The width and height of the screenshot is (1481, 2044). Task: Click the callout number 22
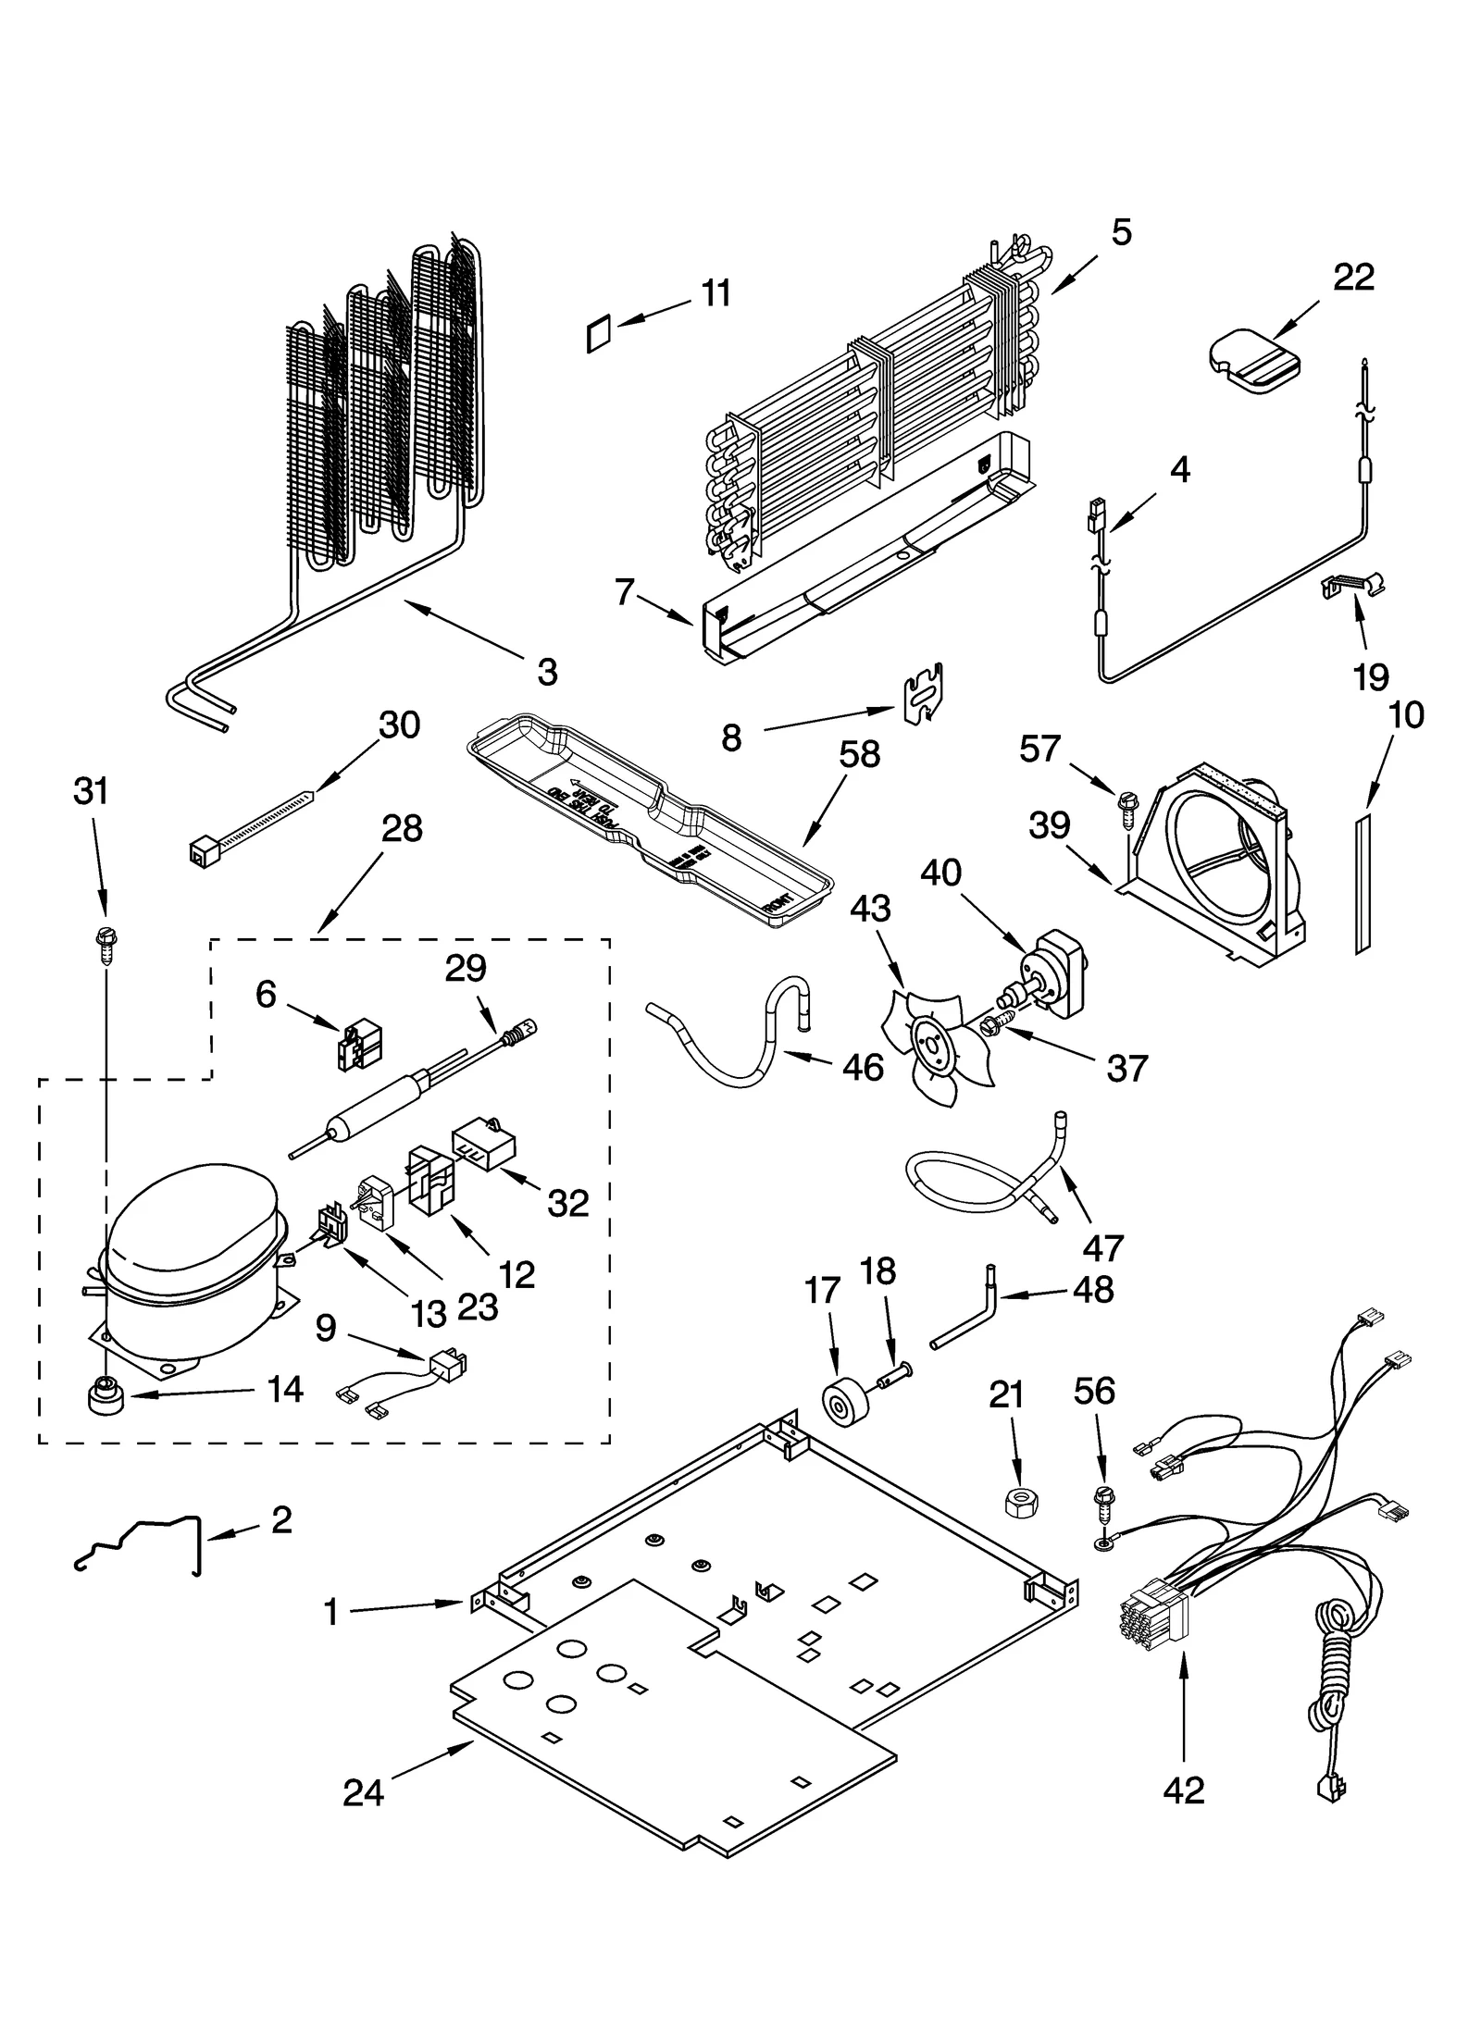click(1353, 277)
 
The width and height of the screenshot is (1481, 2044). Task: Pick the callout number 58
click(859, 754)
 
